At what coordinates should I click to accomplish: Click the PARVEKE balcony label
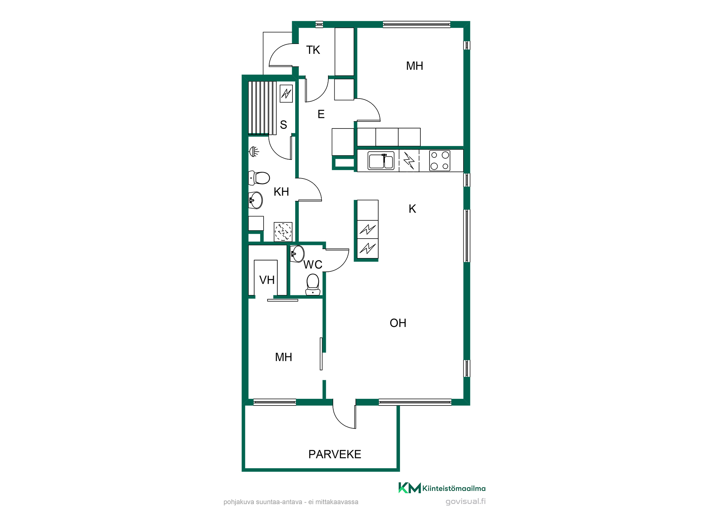point(335,454)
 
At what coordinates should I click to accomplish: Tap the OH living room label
point(398,323)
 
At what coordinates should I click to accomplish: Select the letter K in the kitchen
point(412,209)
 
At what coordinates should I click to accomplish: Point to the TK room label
point(313,50)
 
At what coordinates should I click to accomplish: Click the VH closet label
point(267,280)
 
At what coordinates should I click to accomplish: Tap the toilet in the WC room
point(313,284)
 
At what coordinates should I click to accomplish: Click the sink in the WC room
point(297,254)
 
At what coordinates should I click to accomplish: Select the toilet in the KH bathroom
point(259,178)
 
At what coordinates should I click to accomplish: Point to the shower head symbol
point(254,152)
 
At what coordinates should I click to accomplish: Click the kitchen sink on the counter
point(381,161)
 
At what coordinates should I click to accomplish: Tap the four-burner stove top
point(440,161)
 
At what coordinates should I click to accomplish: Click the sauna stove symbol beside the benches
point(286,93)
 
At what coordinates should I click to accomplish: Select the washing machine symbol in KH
point(283,232)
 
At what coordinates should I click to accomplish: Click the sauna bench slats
point(262,108)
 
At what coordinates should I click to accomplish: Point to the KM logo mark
point(409,488)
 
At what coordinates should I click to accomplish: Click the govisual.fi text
point(466,501)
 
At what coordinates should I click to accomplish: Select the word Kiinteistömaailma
point(454,488)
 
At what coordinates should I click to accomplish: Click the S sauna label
point(283,125)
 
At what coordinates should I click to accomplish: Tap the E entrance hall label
point(321,114)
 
